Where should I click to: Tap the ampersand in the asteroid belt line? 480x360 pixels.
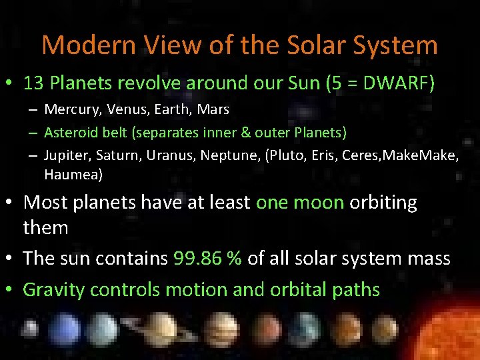tap(247, 133)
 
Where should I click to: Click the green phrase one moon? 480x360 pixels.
tap(299, 203)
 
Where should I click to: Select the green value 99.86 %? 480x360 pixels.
tap(207, 258)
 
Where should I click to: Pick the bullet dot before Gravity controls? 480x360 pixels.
tap(11, 290)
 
